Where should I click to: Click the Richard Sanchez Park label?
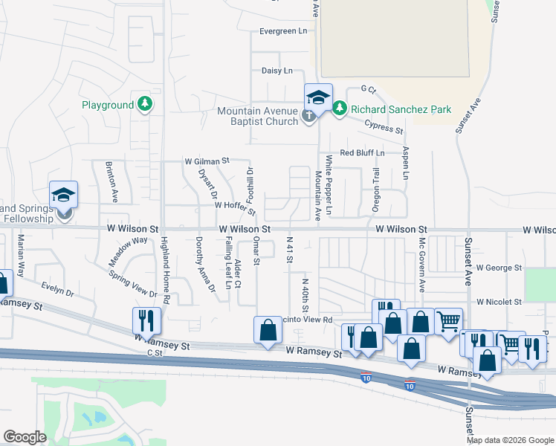(401, 109)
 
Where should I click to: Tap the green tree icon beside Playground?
(145, 105)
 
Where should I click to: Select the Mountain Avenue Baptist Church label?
(257, 116)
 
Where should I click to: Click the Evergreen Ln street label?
(282, 31)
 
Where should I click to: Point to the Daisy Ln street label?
(277, 71)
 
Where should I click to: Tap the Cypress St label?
(381, 128)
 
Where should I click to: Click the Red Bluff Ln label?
(362, 152)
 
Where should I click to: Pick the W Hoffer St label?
(235, 204)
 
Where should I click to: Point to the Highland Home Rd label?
(167, 270)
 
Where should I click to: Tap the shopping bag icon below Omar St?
(267, 330)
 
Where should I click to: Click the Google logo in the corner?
(25, 437)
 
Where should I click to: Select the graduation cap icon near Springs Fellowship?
(64, 195)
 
